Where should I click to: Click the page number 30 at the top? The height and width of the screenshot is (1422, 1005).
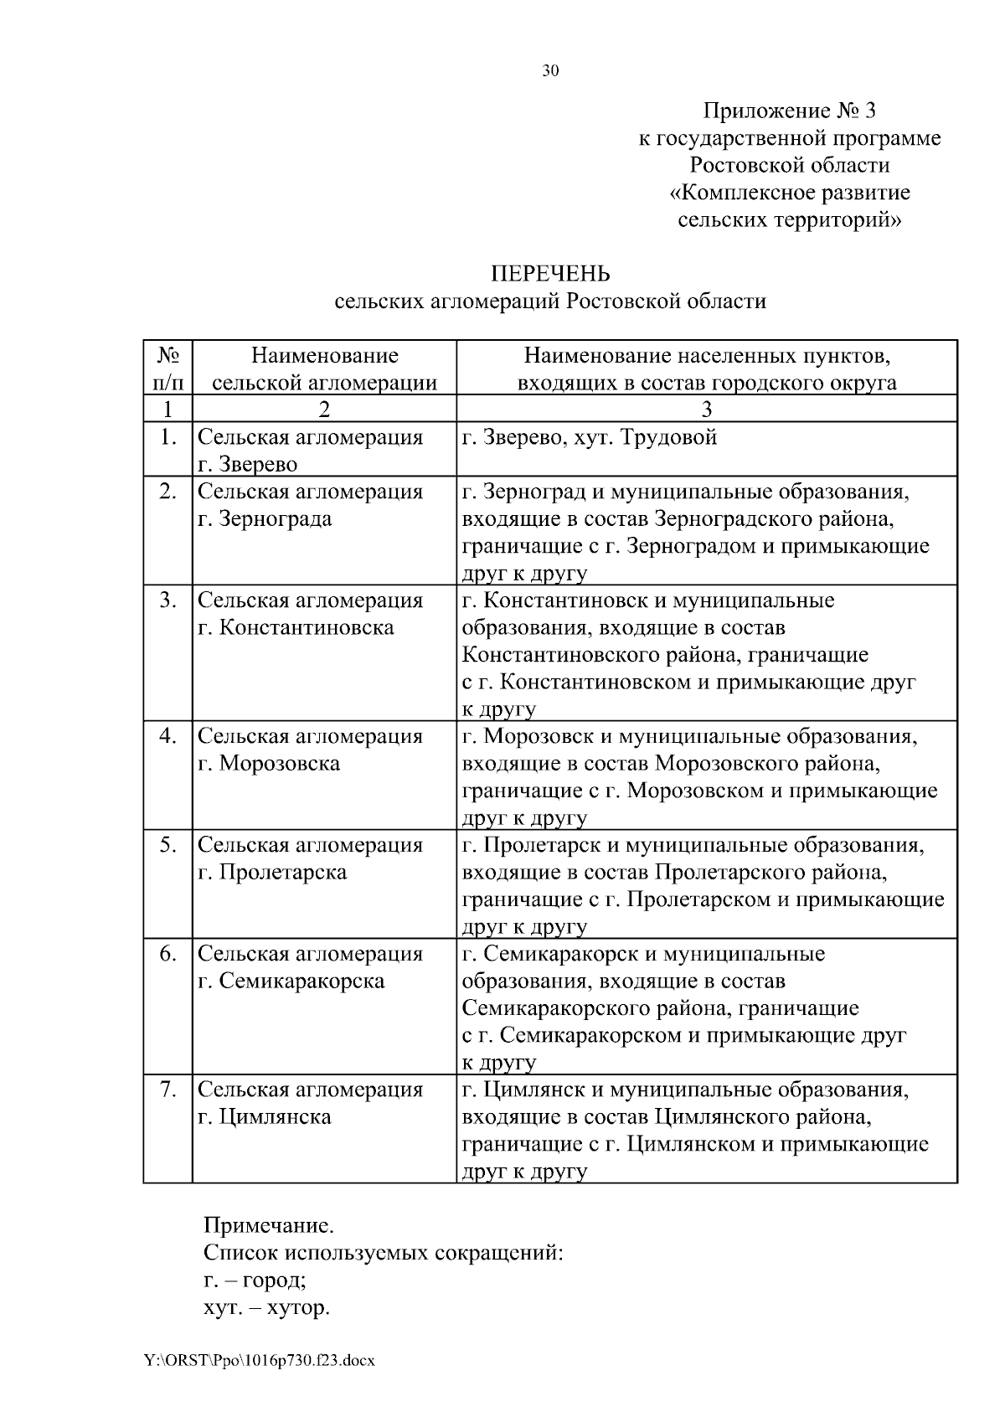coord(550,71)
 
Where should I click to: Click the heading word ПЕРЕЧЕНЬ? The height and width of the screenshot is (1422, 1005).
coord(550,274)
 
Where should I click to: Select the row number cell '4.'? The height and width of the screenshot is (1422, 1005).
coord(167,736)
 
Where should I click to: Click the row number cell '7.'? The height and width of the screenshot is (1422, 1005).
coord(167,1090)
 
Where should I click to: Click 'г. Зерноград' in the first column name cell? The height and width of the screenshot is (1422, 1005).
coord(265,518)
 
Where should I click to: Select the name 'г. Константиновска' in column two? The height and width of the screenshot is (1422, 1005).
coord(296,627)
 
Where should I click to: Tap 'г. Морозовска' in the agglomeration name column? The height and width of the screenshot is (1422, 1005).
coord(269,763)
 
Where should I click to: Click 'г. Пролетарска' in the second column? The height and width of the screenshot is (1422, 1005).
coord(272,872)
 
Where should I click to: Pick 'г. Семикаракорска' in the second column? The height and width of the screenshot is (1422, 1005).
coord(291,981)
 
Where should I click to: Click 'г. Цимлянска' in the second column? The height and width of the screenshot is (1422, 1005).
coord(265,1116)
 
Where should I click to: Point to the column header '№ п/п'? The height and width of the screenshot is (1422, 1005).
coord(167,368)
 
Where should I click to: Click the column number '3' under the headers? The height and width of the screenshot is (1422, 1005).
coord(706,409)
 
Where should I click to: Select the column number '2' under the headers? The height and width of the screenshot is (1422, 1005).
coord(324,409)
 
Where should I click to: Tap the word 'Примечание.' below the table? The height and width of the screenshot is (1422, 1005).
coord(269,1226)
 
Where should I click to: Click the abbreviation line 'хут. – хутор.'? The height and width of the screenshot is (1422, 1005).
coord(266,1307)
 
